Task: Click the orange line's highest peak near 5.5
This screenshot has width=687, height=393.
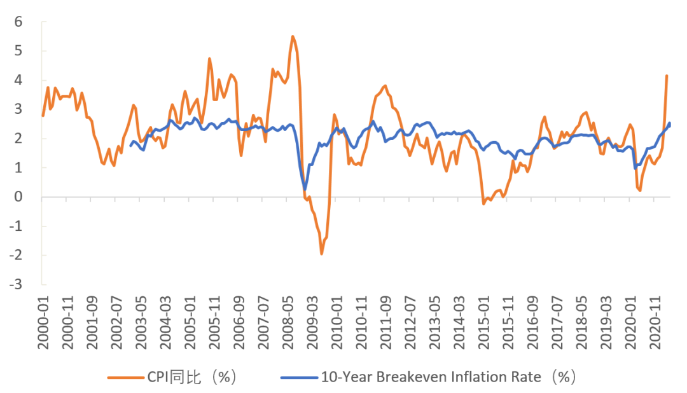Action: [292, 36]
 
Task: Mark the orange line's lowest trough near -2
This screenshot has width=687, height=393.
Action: [321, 254]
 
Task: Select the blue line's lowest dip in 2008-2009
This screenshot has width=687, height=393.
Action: [305, 190]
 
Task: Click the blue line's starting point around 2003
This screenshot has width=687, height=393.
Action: [130, 146]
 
